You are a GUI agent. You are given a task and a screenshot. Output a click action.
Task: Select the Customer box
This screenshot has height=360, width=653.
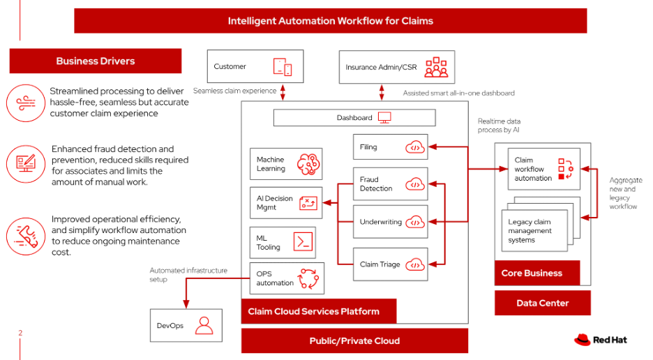[255, 67]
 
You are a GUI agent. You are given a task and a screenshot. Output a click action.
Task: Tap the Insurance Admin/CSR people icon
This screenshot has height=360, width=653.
[436, 67]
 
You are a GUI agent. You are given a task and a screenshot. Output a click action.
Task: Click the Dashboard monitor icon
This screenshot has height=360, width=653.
[384, 118]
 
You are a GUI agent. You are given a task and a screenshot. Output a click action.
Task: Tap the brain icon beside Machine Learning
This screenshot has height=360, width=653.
[307, 164]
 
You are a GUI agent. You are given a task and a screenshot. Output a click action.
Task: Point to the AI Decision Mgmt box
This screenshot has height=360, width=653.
[286, 203]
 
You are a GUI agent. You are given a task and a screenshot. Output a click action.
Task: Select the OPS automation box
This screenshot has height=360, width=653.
[286, 278]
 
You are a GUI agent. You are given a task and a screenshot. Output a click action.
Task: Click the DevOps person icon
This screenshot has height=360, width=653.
[204, 325]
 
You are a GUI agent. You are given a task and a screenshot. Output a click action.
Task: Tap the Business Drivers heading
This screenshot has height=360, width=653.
[96, 61]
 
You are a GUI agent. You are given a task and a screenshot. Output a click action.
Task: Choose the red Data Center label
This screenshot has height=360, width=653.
[542, 303]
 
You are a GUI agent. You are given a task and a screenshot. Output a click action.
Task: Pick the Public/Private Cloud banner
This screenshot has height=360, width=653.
[354, 340]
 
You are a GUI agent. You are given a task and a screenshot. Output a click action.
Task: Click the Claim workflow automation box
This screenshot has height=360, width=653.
[541, 170]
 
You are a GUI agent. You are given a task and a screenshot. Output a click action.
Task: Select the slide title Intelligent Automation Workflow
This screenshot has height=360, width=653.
[330, 21]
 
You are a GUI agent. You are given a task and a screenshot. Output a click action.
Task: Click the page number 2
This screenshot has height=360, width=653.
[20, 333]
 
